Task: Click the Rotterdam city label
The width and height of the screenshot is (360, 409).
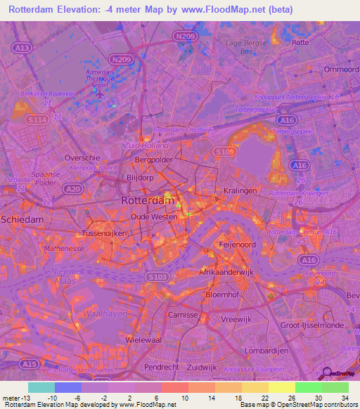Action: click(148, 200)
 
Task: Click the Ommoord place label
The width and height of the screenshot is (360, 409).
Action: click(340, 69)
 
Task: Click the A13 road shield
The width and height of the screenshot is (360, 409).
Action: click(22, 48)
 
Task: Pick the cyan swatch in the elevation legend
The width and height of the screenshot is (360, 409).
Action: click(41, 387)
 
